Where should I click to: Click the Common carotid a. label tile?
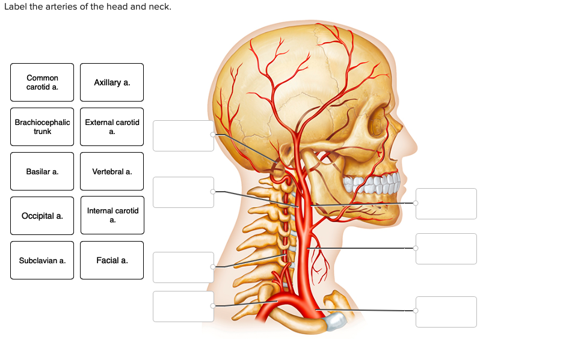tap(42, 82)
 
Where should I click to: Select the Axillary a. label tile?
tap(112, 82)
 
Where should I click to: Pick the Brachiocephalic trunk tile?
tap(42, 127)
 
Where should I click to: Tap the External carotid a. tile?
tap(112, 127)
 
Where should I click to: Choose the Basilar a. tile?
tap(42, 171)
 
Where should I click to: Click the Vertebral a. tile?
tap(112, 171)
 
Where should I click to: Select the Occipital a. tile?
tap(42, 216)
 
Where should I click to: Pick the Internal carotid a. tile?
tap(112, 215)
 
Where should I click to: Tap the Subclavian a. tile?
tap(42, 260)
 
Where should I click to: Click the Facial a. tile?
tap(112, 260)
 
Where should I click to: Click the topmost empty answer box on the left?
tap(183, 136)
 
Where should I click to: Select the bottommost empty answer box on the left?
tap(183, 307)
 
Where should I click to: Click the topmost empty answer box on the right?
tap(446, 204)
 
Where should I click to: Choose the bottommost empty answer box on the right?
tap(446, 312)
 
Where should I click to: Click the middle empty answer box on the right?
tap(446, 249)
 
